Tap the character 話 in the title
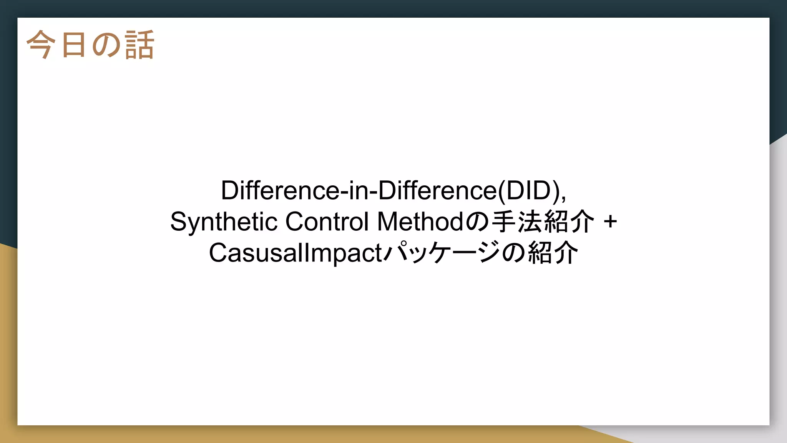139,45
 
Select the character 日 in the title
73,45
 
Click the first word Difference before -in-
279,190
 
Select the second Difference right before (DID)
437,190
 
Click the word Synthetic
224,222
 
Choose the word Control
327,222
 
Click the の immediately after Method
477,222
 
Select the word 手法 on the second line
516,222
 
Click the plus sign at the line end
610,222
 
